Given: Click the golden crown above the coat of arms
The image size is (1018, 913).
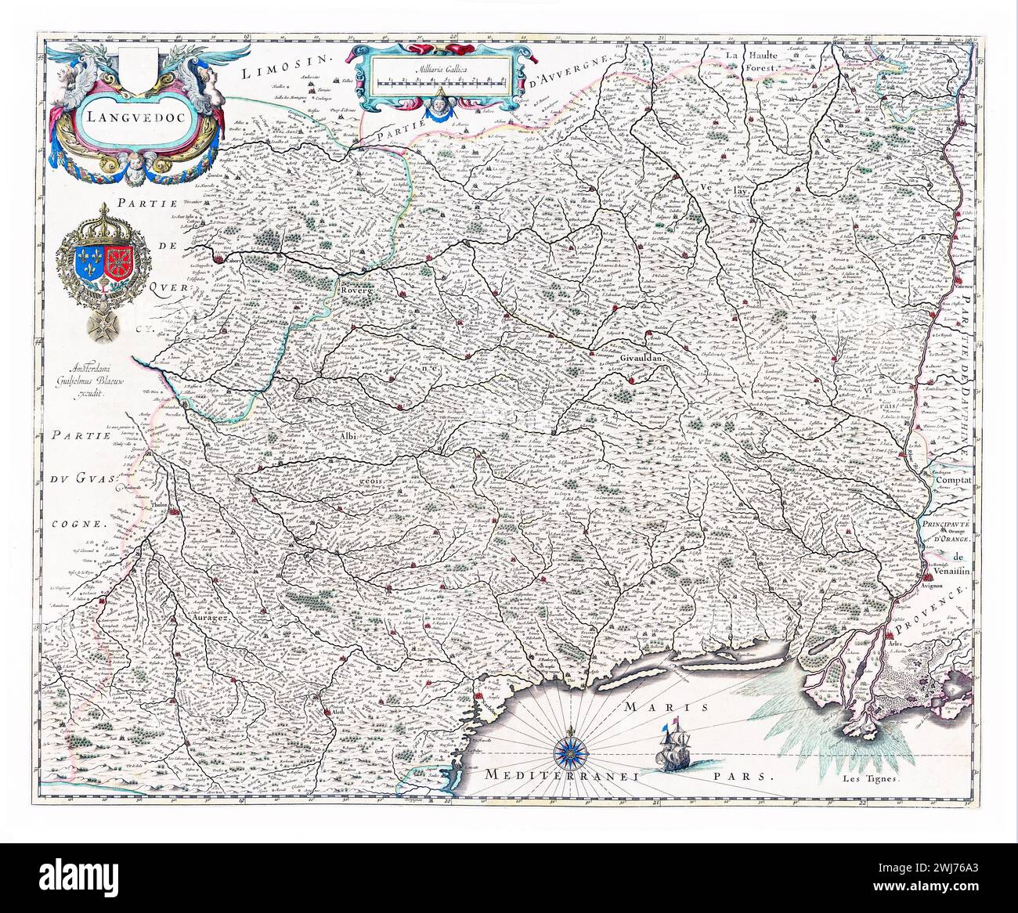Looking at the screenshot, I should [103, 219].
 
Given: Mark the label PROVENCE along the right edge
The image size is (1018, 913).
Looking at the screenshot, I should [946, 606].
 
